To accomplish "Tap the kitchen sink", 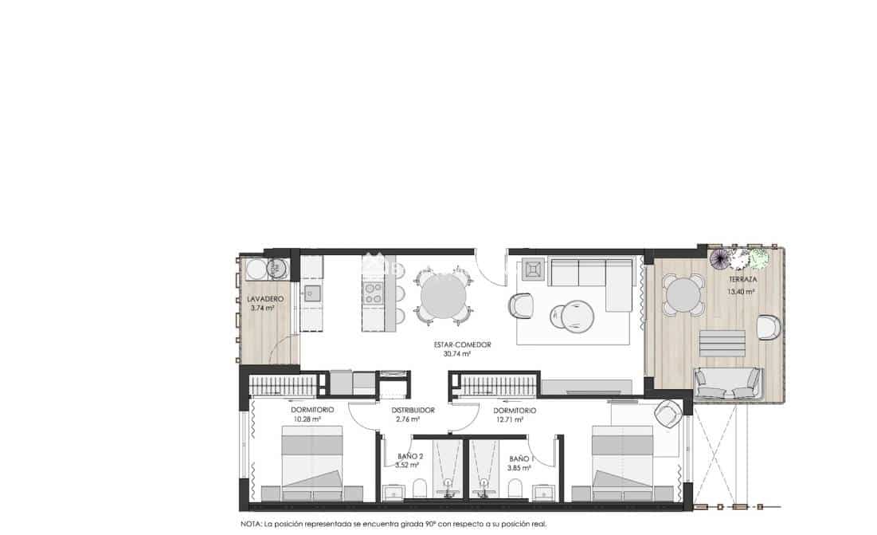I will tap(311, 292).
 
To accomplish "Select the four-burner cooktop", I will tap(373, 293).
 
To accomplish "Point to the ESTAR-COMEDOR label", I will tap(461, 345).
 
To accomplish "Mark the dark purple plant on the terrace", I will tap(720, 259).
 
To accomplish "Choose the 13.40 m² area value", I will tap(741, 292).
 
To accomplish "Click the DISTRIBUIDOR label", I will tap(413, 411).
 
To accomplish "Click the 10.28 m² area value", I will tap(306, 419).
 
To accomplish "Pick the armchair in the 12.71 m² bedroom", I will tap(666, 412).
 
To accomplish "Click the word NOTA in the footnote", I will tap(253, 525).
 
